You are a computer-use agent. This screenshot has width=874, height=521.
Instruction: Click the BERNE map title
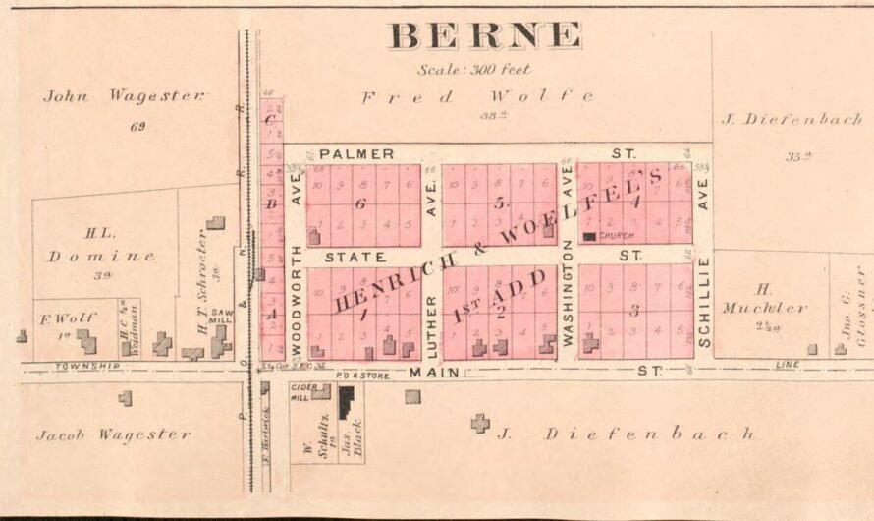pyautogui.click(x=485, y=36)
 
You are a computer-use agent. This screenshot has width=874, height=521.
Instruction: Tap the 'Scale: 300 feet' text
pyautogui.click(x=474, y=70)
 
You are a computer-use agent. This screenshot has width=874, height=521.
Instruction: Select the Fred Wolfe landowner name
pyautogui.click(x=477, y=96)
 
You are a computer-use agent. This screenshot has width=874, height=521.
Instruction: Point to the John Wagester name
pyautogui.click(x=126, y=96)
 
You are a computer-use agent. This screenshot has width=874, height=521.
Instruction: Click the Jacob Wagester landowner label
pyautogui.click(x=114, y=434)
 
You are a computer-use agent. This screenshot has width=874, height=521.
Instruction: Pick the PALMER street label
pyautogui.click(x=356, y=154)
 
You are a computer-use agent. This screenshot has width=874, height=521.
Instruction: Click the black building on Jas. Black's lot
pyautogui.click(x=346, y=402)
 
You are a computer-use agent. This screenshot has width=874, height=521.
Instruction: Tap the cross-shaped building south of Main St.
pyautogui.click(x=479, y=424)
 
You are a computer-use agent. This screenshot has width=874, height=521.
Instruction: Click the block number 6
pyautogui.click(x=360, y=203)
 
